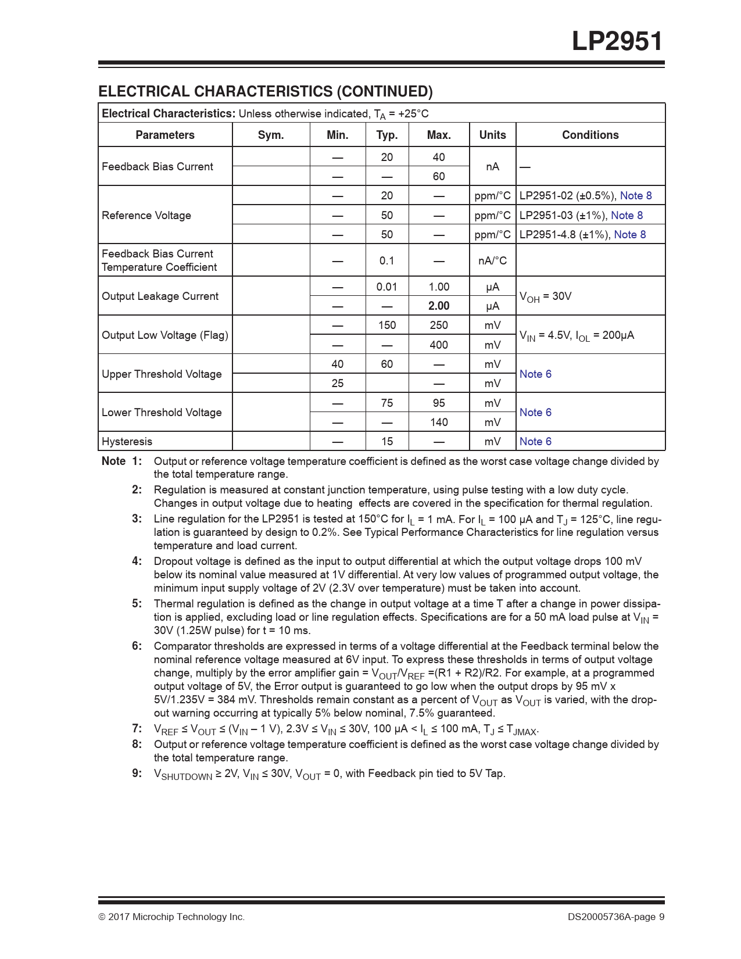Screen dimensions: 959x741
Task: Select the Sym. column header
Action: tap(271, 135)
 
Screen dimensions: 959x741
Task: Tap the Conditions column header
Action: tap(590, 135)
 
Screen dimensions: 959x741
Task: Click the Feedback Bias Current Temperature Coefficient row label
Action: tap(159, 260)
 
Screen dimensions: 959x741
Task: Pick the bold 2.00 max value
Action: tap(439, 306)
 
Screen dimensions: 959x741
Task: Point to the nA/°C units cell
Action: tap(492, 260)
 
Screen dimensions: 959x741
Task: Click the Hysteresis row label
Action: tap(127, 441)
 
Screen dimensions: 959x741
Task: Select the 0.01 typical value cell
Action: tap(386, 287)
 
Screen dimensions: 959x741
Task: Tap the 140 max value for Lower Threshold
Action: tap(439, 422)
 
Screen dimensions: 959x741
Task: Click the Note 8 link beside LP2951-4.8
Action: tap(630, 234)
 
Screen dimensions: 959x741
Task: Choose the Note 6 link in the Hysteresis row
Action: tap(535, 441)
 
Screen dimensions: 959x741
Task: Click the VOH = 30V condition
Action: tap(545, 296)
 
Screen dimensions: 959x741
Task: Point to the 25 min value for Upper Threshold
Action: tap(337, 383)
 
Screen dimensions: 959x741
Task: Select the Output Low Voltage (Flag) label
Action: tap(164, 335)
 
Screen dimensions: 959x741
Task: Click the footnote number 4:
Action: tap(137, 561)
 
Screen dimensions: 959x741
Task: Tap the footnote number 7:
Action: tap(137, 728)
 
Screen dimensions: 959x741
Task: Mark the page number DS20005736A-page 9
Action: tap(616, 917)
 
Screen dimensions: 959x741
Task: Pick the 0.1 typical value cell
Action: tap(386, 260)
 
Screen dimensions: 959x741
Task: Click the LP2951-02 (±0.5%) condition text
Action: tap(567, 195)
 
